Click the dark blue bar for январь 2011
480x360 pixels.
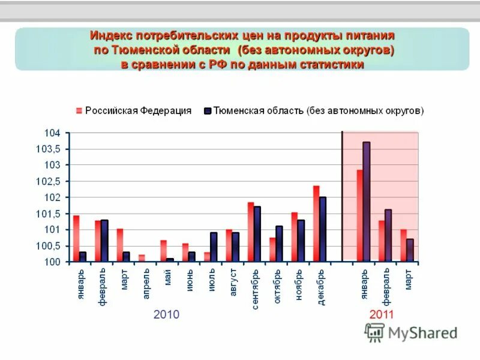[366, 202]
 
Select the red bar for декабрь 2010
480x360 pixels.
[316, 223]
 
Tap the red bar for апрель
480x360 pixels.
[142, 258]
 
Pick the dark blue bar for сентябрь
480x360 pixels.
[257, 234]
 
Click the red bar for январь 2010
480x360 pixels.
[76, 238]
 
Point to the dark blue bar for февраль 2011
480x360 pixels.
[388, 235]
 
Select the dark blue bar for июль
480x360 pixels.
[214, 247]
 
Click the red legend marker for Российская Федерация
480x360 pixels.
[78, 110]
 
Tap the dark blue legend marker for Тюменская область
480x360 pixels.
[208, 110]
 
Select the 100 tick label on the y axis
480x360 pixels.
[52, 262]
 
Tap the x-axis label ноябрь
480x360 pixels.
[298, 287]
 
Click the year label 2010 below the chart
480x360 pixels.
[166, 314]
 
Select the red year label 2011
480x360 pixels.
[382, 314]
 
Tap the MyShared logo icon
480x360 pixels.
[374, 332]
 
